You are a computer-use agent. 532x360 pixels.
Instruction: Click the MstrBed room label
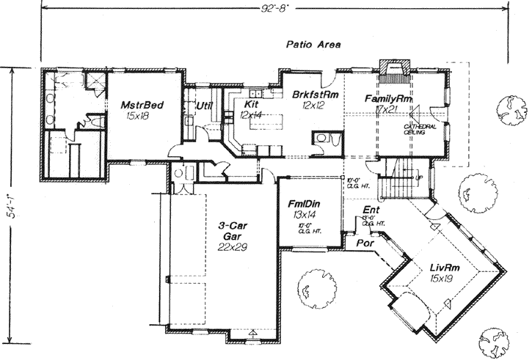[x=142, y=105]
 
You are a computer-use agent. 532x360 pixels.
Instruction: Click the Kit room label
[x=252, y=105]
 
